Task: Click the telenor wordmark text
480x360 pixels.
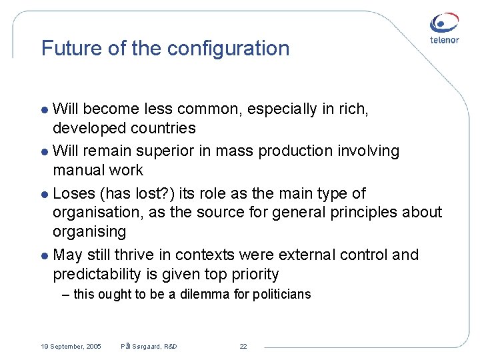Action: click(445, 41)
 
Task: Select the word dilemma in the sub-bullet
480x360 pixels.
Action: click(205, 294)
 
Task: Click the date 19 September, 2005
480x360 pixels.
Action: click(71, 347)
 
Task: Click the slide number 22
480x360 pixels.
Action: click(243, 347)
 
